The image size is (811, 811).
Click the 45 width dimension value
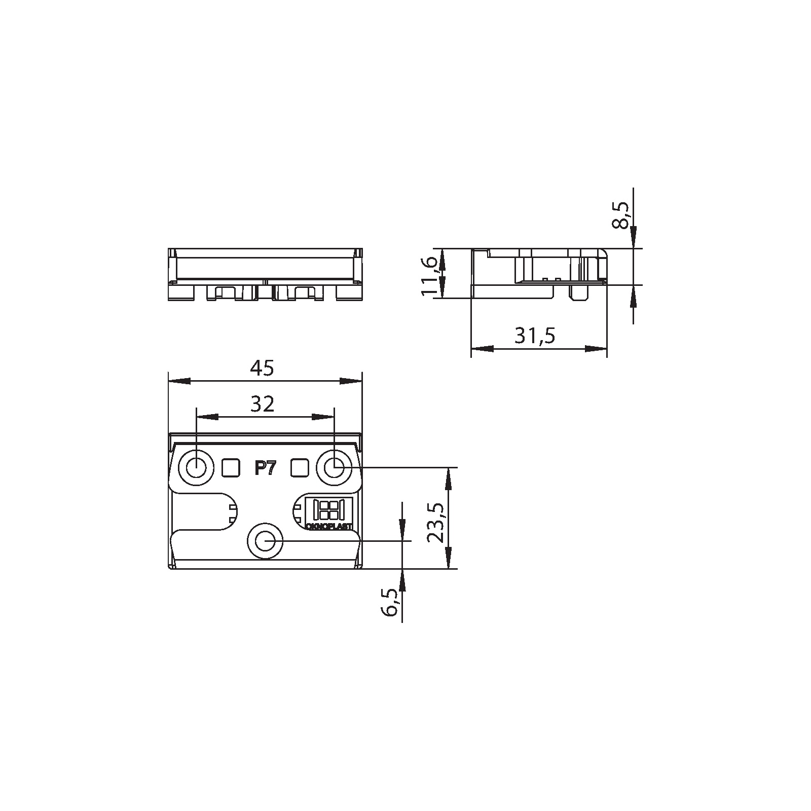click(x=263, y=368)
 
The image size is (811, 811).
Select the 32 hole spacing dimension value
click(x=263, y=404)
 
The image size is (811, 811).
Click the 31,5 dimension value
click(x=535, y=336)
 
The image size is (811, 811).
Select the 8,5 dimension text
click(x=621, y=215)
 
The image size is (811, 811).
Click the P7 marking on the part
click(x=265, y=469)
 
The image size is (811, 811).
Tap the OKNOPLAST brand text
click(x=329, y=527)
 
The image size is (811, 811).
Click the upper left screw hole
click(x=196, y=468)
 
